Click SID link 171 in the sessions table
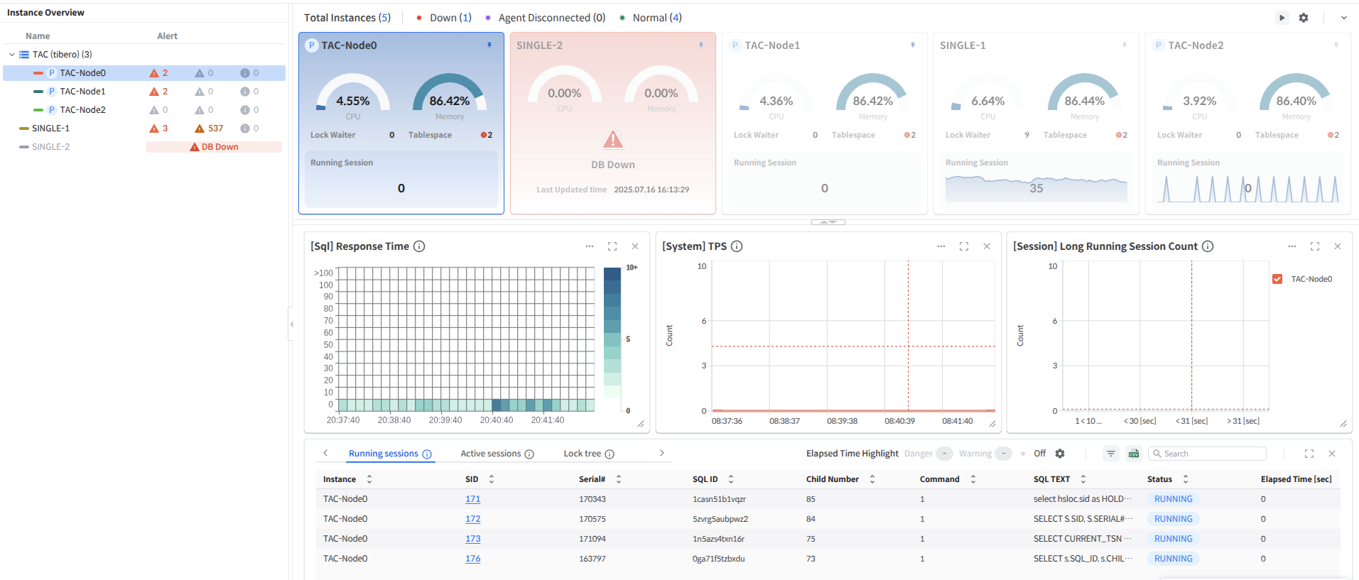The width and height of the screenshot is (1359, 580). (x=472, y=499)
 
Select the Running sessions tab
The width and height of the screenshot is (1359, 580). (x=384, y=454)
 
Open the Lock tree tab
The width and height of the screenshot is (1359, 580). (x=583, y=454)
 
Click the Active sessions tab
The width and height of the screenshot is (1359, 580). (x=491, y=454)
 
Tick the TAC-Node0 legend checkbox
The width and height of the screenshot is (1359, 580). (x=1277, y=279)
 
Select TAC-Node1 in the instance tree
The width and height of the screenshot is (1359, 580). (x=82, y=92)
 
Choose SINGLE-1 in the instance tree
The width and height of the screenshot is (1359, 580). (x=50, y=128)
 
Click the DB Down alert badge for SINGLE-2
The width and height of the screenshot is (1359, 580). (x=214, y=147)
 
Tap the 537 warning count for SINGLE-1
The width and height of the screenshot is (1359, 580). (x=215, y=128)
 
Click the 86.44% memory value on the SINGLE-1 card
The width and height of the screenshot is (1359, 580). (x=1084, y=101)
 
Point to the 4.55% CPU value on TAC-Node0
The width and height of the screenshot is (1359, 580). (x=352, y=101)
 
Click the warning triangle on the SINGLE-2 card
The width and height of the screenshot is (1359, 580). (x=612, y=140)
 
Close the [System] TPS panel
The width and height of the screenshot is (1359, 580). (x=987, y=246)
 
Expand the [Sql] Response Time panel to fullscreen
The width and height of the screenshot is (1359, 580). (x=612, y=246)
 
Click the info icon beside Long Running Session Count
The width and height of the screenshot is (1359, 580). (x=1208, y=246)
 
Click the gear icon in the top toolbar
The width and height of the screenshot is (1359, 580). (x=1304, y=18)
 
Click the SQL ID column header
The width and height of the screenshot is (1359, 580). (x=705, y=479)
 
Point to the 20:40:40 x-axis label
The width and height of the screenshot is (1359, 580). (x=497, y=420)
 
